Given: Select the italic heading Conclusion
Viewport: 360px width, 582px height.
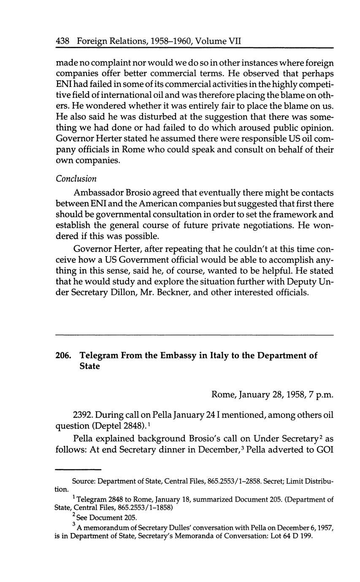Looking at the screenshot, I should coord(76,179).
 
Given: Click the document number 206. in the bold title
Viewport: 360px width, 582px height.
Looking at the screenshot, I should coord(63,355).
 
